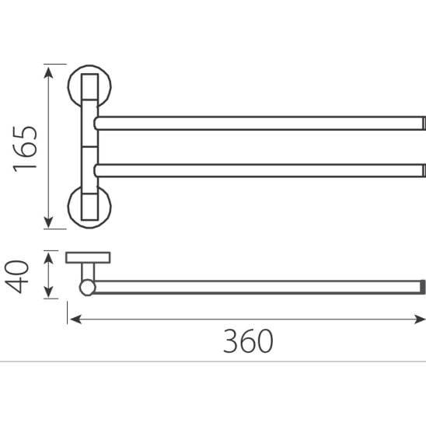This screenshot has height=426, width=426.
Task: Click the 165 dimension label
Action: click(x=25, y=149)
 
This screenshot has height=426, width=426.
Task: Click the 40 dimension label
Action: click(x=17, y=277)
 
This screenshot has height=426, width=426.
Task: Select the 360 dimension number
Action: click(x=248, y=341)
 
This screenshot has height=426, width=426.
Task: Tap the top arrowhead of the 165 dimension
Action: click(x=48, y=72)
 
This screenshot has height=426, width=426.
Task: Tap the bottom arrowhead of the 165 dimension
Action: click(x=48, y=222)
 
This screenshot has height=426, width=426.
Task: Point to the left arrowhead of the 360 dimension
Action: click(x=76, y=319)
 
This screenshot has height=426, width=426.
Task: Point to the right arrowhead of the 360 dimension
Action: click(x=420, y=319)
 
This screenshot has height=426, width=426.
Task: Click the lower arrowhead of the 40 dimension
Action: click(x=48, y=292)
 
